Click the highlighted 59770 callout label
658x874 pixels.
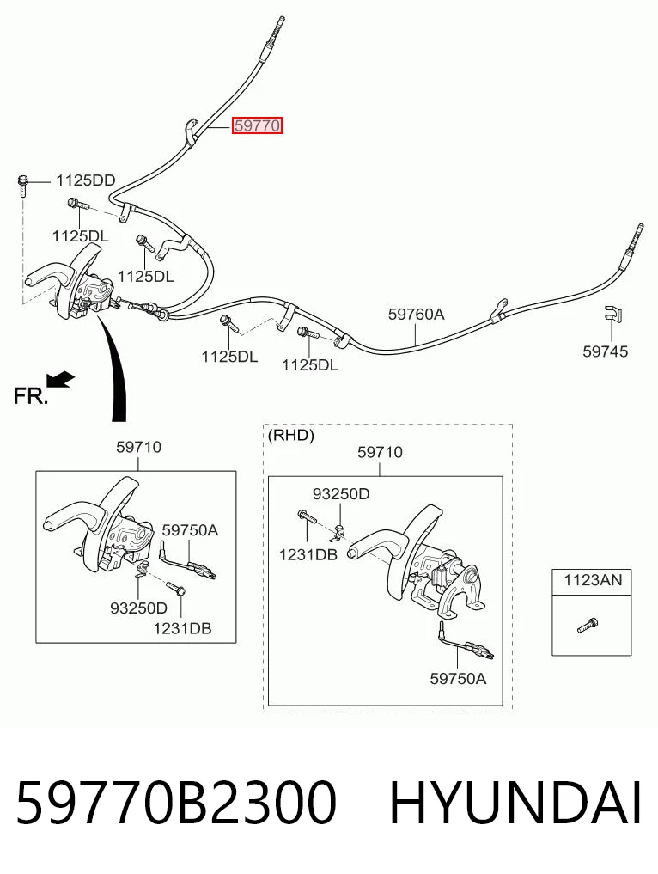coord(257,125)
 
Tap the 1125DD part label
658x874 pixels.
coord(85,180)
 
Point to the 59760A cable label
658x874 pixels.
coord(417,315)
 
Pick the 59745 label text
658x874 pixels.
coord(605,351)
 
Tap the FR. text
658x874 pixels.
coord(30,396)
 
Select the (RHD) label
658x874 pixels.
coord(291,435)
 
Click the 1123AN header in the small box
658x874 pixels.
coord(592,580)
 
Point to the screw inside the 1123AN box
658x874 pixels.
coord(588,626)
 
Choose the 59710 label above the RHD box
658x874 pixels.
coord(380,452)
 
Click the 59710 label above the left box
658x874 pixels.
coord(139,447)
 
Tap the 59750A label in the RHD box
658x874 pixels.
coord(458,678)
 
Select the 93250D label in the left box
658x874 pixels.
coord(139,608)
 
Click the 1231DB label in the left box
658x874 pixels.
coord(182,629)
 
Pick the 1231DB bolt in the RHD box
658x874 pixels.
coord(307,516)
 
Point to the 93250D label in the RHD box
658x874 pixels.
coord(341,494)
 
